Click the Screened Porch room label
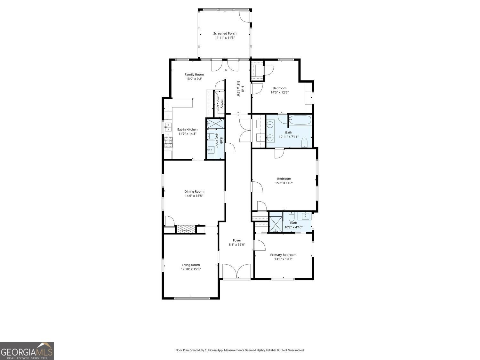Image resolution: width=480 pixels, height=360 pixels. (225, 33)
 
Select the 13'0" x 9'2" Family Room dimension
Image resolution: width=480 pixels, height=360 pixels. (194, 79)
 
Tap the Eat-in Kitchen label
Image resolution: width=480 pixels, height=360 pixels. (187, 130)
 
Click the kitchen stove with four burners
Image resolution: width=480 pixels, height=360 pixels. (168, 143)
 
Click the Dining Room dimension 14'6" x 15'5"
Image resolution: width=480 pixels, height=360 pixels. (194, 196)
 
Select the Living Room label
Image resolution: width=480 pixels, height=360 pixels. (191, 265)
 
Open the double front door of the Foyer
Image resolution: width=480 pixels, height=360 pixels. (236, 271)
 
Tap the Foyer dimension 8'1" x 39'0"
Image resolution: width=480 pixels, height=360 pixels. (237, 244)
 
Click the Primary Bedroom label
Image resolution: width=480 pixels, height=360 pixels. (283, 255)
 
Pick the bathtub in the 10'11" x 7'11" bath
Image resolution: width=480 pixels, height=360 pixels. (300, 121)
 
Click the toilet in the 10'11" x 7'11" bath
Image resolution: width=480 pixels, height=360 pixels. (304, 142)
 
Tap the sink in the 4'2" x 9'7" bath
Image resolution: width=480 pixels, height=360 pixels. (211, 149)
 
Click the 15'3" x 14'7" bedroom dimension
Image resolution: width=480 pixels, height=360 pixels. (284, 183)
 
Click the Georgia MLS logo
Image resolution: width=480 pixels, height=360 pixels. (27, 351)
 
